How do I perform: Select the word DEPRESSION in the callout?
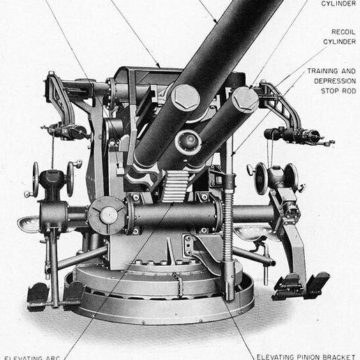point(333,81)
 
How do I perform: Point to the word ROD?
point(347,91)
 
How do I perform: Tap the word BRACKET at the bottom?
point(338,356)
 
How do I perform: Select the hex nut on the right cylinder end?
point(245,99)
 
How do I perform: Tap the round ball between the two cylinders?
point(188,142)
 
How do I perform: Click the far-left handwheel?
point(35,179)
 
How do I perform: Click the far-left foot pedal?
point(37,295)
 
